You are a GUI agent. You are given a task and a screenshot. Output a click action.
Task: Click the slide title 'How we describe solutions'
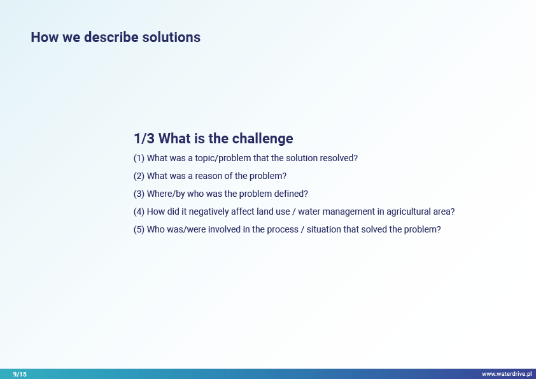click(116, 38)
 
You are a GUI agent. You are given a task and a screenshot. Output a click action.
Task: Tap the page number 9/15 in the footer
click(20, 374)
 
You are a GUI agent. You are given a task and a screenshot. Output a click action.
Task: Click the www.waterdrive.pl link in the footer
click(507, 374)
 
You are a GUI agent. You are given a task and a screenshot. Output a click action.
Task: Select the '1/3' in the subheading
click(144, 138)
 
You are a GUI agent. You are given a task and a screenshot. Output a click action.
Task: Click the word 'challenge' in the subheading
click(262, 139)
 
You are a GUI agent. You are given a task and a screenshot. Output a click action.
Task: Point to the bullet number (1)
click(139, 159)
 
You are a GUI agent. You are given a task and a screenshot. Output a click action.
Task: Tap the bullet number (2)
click(139, 176)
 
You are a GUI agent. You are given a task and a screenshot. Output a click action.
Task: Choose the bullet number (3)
click(139, 194)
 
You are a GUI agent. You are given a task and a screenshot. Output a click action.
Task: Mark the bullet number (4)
click(139, 211)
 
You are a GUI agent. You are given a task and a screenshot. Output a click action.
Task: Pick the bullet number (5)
click(139, 229)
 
